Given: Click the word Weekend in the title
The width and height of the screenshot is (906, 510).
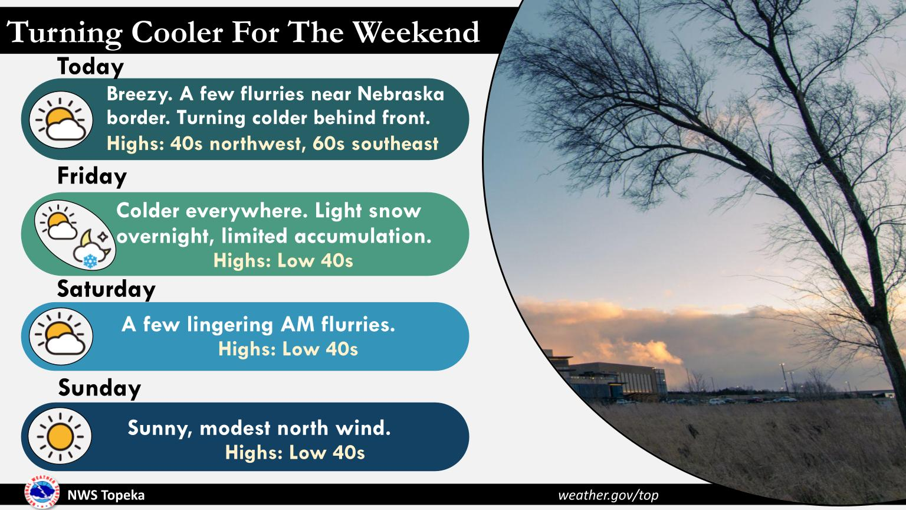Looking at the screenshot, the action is (416, 31).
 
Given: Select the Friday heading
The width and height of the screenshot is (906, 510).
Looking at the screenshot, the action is (92, 177).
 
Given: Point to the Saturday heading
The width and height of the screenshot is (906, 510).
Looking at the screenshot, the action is (106, 289).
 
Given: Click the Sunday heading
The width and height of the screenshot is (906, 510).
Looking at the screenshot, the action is (100, 388).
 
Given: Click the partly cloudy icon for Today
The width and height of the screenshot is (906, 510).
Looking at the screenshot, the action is (61, 120).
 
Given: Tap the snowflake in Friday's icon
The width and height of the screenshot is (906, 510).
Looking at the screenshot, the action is (90, 261).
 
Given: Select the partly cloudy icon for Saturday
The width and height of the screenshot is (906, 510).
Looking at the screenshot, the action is (61, 336).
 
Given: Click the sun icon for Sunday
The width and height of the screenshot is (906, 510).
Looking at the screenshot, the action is (60, 436).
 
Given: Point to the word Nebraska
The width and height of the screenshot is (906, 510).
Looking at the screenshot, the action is (401, 94).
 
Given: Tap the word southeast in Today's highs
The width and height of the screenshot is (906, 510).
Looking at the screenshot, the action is (395, 144).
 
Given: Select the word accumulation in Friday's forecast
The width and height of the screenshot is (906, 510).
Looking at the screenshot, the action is (363, 236).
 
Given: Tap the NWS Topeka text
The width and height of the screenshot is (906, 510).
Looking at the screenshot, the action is (106, 495).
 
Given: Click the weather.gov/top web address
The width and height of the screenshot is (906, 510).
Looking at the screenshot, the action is (608, 495).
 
